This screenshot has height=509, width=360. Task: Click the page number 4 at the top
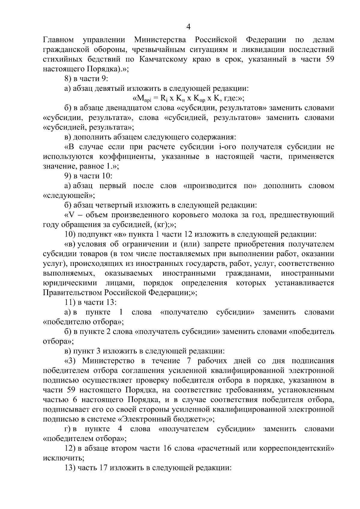(188, 27)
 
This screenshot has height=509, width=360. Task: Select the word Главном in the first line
(58, 40)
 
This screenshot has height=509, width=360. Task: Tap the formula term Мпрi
(142, 98)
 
